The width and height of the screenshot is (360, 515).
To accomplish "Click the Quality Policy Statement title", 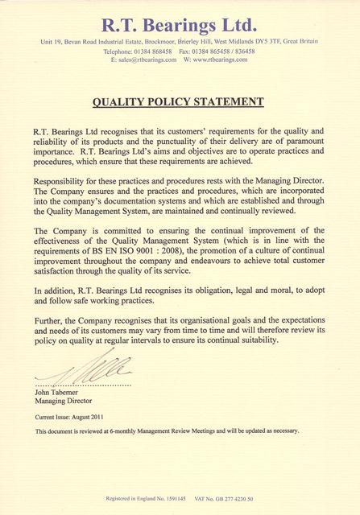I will tap(180, 102).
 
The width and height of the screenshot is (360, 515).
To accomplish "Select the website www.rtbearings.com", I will tap(226, 60).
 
